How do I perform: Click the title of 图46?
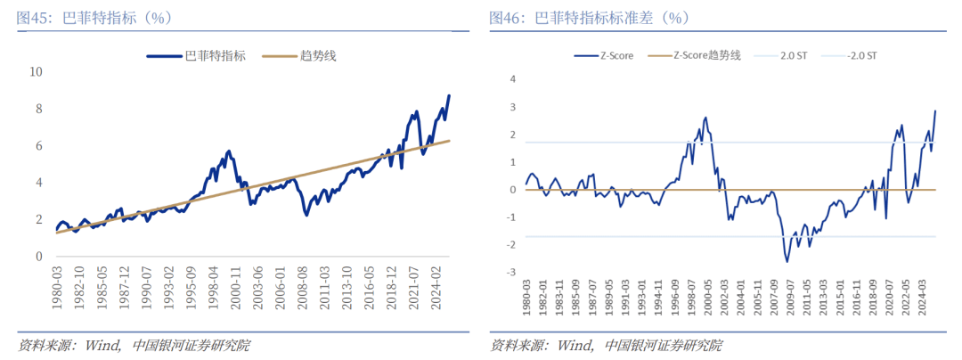coord(589,18)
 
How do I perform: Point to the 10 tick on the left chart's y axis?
coord(37,71)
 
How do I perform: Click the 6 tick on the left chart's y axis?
coord(39,145)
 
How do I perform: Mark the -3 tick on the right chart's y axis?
coord(511,273)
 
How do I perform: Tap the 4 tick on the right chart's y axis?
coord(513,78)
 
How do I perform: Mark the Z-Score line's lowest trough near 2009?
coord(787,261)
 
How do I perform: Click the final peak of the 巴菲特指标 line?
coord(449,94)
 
